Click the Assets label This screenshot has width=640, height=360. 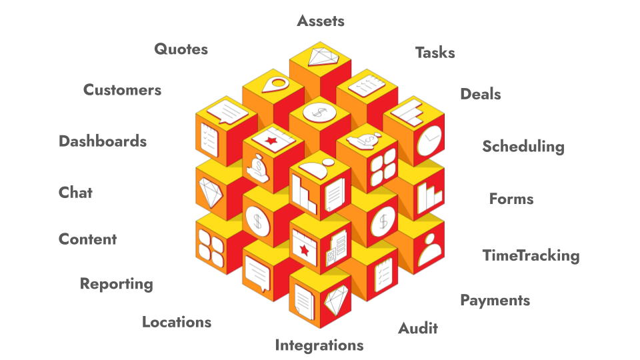click(x=321, y=21)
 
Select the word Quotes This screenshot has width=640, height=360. click(x=181, y=49)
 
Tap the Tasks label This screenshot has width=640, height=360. click(x=435, y=53)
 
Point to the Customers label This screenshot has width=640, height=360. click(x=122, y=90)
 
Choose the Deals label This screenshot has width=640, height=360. click(x=480, y=94)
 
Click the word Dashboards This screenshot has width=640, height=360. click(x=103, y=141)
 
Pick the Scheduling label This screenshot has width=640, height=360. click(x=523, y=147)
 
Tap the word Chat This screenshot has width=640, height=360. click(x=75, y=193)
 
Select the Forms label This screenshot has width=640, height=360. click(x=511, y=199)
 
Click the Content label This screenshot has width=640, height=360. click(x=87, y=239)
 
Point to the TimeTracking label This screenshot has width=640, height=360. click(x=531, y=255)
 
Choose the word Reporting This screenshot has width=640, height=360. click(x=116, y=284)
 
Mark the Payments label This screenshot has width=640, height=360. click(x=495, y=300)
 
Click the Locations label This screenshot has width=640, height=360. click(x=177, y=322)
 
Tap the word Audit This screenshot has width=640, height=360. click(x=418, y=328)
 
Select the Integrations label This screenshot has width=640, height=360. click(x=319, y=345)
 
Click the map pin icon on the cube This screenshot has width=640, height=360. click(x=274, y=85)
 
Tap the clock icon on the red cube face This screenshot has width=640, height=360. click(x=429, y=141)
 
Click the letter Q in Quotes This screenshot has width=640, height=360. click(x=161, y=49)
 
